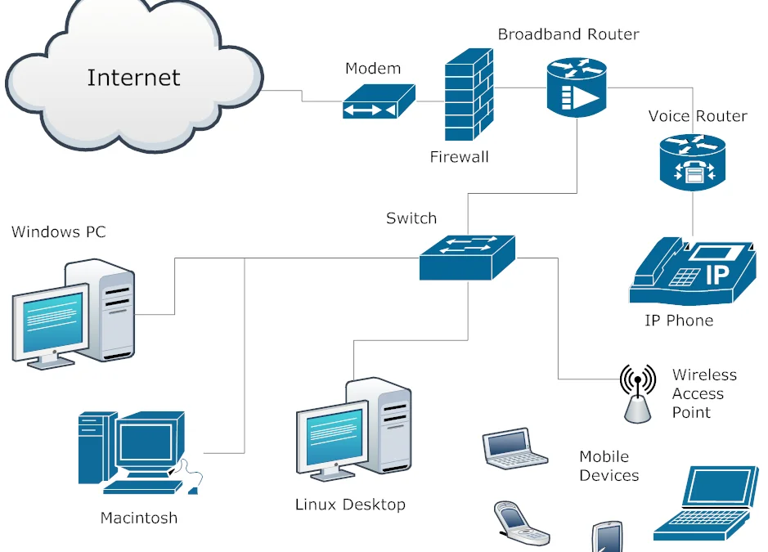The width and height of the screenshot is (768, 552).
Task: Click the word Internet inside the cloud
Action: tap(133, 78)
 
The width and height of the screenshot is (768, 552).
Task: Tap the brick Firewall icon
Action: tap(469, 94)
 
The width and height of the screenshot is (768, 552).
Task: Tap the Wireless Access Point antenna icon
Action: tap(638, 393)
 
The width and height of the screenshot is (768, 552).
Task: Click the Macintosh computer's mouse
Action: tap(193, 490)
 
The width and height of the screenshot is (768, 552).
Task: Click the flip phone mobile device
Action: tap(520, 524)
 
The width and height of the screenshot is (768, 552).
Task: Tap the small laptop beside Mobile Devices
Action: tap(513, 448)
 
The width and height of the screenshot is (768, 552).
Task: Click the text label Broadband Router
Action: tap(568, 34)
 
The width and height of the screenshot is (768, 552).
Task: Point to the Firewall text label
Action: tap(459, 157)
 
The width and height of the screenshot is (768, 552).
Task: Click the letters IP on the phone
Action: tap(716, 275)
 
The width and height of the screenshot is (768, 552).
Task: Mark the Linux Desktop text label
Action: tap(350, 505)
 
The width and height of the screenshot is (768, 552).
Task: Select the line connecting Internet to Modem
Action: tap(303, 96)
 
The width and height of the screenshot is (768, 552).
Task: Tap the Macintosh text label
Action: tap(138, 518)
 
